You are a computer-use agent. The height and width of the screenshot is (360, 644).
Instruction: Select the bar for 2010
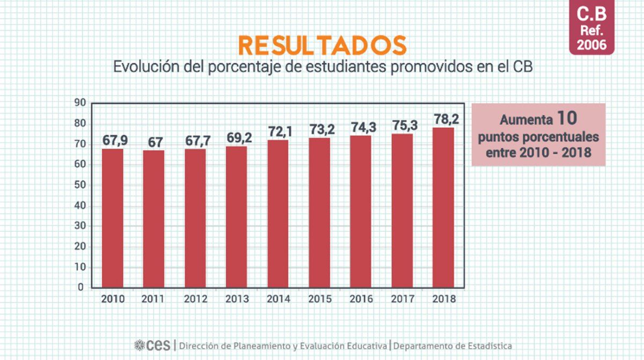(113, 218)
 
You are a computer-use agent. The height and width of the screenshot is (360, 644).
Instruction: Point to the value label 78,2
(443, 119)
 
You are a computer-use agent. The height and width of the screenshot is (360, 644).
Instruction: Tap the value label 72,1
(278, 132)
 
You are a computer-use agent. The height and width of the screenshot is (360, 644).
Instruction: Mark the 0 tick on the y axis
(81, 288)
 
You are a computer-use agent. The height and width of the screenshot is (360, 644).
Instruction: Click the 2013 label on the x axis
(237, 299)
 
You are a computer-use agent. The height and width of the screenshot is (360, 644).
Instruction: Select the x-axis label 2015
(319, 299)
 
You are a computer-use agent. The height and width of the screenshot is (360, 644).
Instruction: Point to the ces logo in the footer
(152, 346)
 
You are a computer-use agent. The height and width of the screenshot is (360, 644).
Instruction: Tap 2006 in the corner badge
(592, 45)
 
